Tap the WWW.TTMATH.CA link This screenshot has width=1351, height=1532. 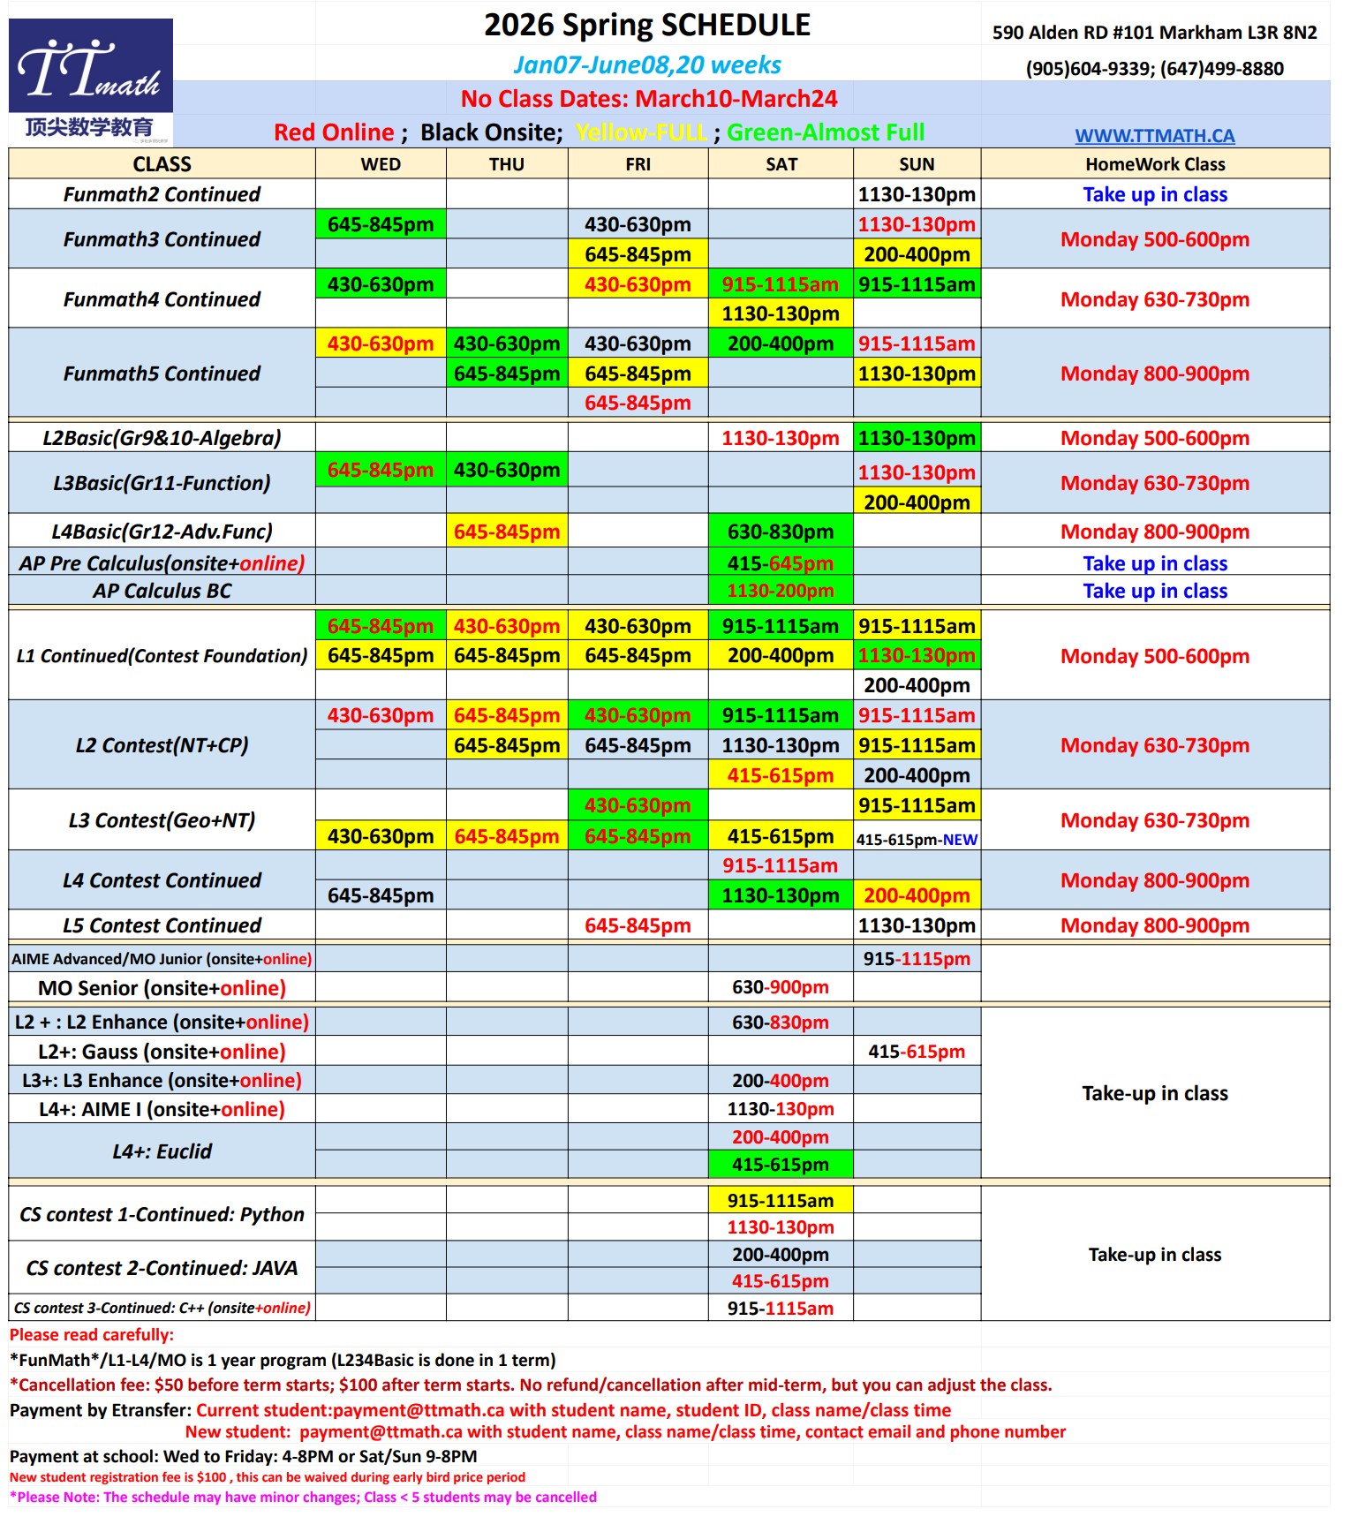(x=1154, y=136)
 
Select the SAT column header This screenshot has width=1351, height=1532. (x=781, y=164)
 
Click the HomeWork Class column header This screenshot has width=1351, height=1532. (x=1154, y=164)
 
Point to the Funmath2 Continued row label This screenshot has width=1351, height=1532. (x=162, y=194)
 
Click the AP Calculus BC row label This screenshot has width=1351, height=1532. (x=162, y=591)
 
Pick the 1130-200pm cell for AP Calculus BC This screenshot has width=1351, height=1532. (x=781, y=591)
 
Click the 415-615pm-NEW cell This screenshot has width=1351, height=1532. (x=917, y=840)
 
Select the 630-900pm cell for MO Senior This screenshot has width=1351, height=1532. (x=781, y=987)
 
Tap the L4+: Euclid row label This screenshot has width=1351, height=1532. (x=162, y=1151)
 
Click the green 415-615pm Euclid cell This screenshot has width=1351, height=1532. (x=781, y=1165)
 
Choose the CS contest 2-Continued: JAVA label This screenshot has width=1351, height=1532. (x=162, y=1268)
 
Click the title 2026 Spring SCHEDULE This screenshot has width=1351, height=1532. (x=647, y=26)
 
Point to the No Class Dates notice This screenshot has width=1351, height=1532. (x=649, y=99)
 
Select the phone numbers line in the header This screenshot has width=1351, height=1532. (x=1154, y=69)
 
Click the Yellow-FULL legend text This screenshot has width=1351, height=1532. (x=640, y=132)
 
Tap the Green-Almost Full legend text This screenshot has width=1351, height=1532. (x=826, y=132)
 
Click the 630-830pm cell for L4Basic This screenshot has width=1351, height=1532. (x=781, y=532)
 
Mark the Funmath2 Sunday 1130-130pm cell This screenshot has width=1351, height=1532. (x=917, y=194)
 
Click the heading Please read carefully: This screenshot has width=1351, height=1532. (x=92, y=1335)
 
